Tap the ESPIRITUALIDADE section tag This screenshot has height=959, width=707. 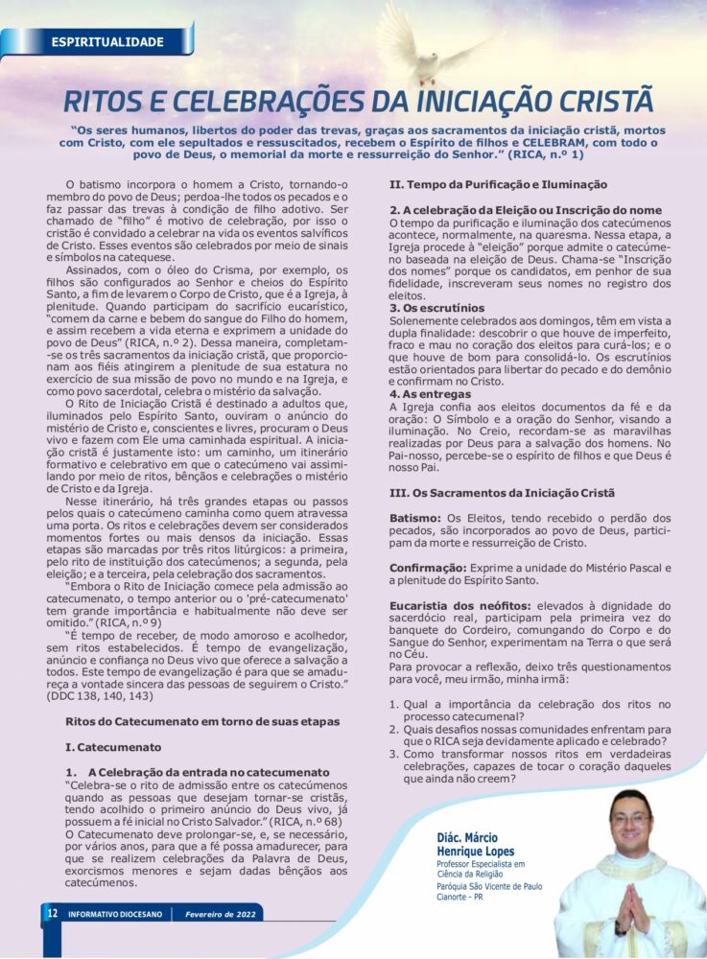coord(106,42)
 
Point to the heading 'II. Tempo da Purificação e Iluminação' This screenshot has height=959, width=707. coord(498,184)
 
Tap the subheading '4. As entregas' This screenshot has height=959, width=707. coord(431,394)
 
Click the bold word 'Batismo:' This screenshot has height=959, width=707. coord(415,518)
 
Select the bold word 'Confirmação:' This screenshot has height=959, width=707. coord(428,568)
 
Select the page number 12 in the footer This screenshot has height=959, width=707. coord(52,914)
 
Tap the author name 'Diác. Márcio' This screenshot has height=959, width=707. coord(472,837)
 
